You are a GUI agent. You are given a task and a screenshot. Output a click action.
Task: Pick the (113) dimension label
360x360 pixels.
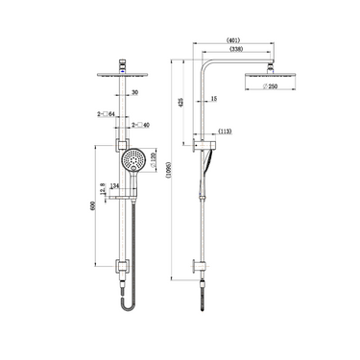coord(227,131)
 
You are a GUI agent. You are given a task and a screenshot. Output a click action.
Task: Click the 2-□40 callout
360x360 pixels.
coord(140,124)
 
